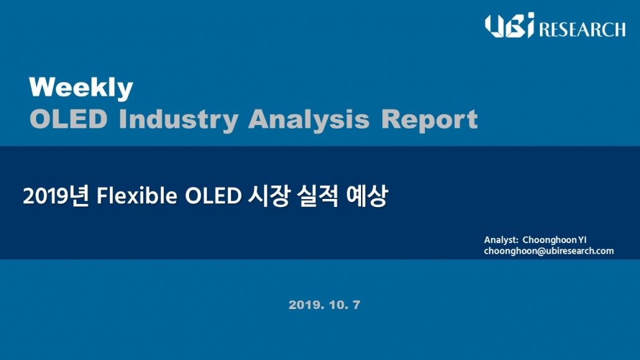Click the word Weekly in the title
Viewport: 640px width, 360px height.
(x=81, y=88)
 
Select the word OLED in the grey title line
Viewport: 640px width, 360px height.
(x=68, y=119)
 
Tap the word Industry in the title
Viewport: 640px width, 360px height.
(x=178, y=120)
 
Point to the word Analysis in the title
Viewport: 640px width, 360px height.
(x=309, y=120)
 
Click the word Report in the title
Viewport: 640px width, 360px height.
(x=429, y=120)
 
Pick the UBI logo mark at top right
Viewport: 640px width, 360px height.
(x=510, y=25)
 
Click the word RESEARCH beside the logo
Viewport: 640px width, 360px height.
(x=582, y=29)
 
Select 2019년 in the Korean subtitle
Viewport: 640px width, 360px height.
(x=56, y=196)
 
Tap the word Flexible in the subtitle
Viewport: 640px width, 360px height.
(x=137, y=196)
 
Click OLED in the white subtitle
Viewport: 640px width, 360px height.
(x=213, y=196)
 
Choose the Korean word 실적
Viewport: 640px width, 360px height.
(x=318, y=196)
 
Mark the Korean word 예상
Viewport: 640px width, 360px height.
(x=366, y=196)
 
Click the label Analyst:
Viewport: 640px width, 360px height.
(x=501, y=240)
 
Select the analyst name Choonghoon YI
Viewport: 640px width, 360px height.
(x=554, y=240)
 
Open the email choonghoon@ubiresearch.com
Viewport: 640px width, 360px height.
(x=549, y=251)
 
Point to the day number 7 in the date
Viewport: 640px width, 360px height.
(x=356, y=305)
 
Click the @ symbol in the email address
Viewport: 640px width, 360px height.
(x=542, y=251)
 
